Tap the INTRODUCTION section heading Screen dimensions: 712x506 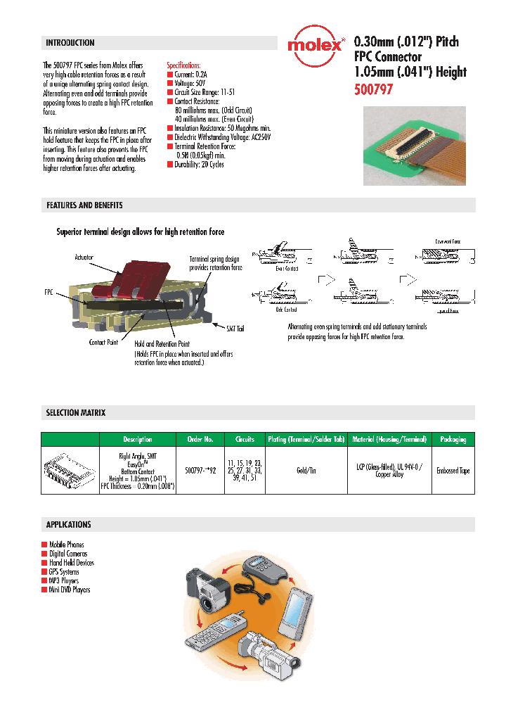pos(70,43)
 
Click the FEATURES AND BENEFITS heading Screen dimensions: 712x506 pos(84,205)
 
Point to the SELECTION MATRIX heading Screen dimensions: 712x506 pos(76,413)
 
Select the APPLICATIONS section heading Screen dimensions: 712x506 pos(69,525)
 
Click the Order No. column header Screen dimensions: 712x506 pos(200,440)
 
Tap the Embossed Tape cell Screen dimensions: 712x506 pos(453,471)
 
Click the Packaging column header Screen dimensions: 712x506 pos(453,440)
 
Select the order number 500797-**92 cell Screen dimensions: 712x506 pos(200,470)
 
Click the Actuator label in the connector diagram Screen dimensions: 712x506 pos(84,258)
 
